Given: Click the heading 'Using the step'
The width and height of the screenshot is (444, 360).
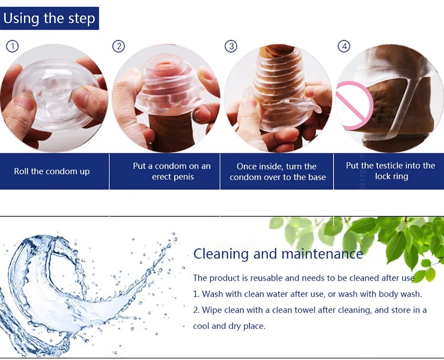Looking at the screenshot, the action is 49,18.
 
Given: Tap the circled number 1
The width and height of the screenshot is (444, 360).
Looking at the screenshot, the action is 12,46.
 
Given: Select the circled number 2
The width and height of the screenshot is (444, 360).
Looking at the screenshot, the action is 119,46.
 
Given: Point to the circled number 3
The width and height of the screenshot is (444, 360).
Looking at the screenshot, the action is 231,46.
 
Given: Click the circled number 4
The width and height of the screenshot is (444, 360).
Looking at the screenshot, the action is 344,46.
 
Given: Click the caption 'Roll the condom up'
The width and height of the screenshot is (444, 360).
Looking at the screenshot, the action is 52,171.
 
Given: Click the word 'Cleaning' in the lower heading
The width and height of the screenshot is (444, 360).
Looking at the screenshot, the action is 221,254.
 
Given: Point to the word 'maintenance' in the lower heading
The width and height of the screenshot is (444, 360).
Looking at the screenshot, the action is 322,254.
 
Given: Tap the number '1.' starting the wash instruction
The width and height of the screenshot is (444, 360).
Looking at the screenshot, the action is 196,294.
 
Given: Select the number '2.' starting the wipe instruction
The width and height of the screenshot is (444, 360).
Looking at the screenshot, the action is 196,310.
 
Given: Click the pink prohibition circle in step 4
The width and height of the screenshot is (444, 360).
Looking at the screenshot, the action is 354,105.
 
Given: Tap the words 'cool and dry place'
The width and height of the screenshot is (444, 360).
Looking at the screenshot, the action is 229,326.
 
